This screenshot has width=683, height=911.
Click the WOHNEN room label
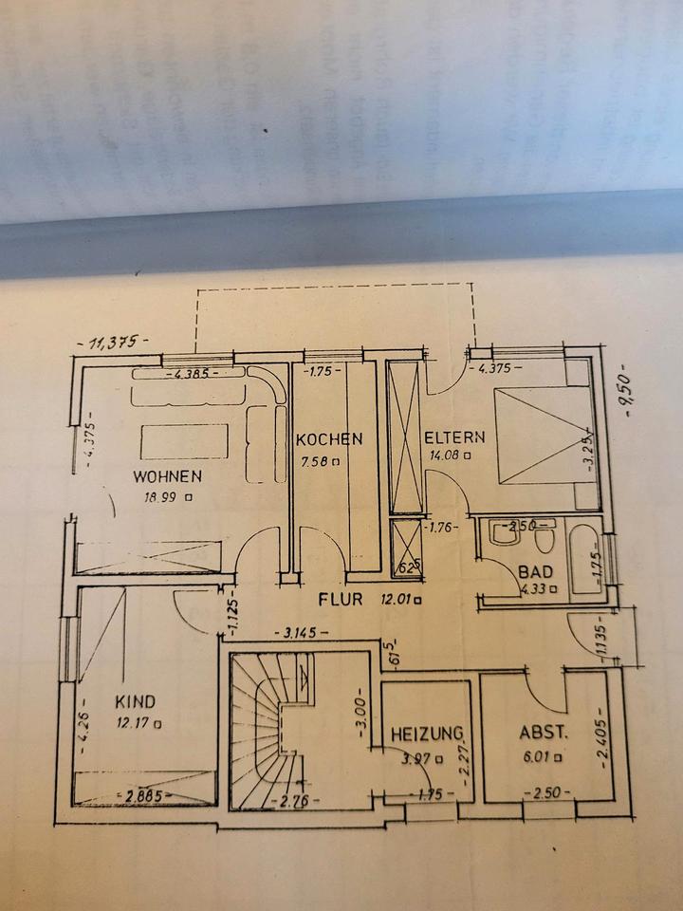point(167,475)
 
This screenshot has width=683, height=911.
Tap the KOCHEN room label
point(328,439)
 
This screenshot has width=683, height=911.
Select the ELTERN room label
point(454,438)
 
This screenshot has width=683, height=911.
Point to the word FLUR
point(341,599)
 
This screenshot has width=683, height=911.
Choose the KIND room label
point(135,702)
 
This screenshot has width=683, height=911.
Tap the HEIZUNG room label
point(427,733)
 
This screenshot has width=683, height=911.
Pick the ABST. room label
point(544,733)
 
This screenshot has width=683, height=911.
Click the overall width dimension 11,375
point(112,344)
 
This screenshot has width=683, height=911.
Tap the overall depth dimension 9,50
point(626,385)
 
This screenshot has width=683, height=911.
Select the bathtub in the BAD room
point(586,560)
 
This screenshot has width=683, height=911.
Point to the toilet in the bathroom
point(545,538)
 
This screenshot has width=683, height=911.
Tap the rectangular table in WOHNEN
point(184,442)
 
